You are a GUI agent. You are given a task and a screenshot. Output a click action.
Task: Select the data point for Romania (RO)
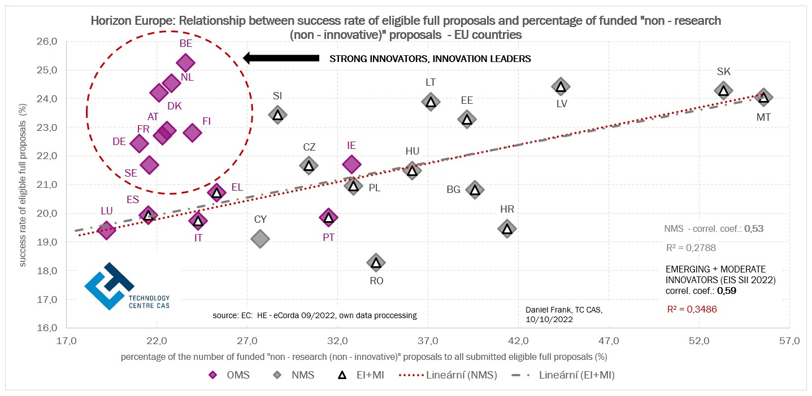[376, 262]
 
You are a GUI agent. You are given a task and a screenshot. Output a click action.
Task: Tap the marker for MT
[763, 98]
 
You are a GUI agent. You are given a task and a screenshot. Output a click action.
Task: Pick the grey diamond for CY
[259, 238]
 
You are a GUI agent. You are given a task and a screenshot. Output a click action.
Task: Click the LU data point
[106, 229]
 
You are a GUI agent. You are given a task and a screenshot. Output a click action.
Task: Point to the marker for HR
[507, 228]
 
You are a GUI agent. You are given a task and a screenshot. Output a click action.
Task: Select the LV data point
[561, 86]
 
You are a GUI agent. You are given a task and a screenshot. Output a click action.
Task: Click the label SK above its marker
[723, 72]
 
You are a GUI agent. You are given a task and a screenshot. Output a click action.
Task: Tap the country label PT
[328, 237]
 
